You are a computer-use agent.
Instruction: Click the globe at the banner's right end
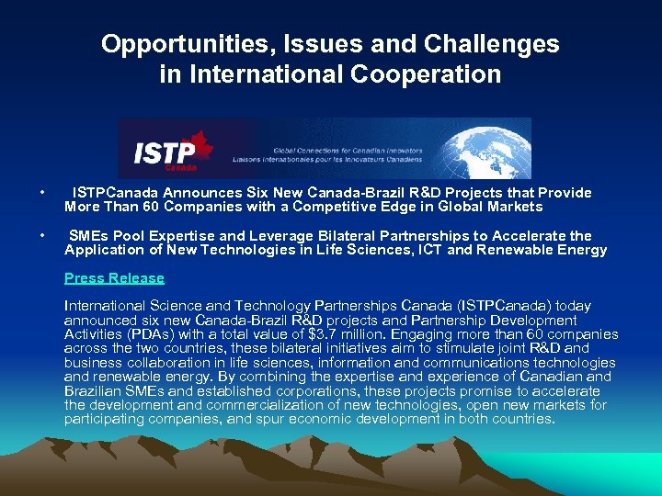click(497, 148)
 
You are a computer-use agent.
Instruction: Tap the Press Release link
click(114, 278)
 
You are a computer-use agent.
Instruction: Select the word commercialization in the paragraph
click(241, 405)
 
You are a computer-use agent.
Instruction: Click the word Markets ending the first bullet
click(512, 207)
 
